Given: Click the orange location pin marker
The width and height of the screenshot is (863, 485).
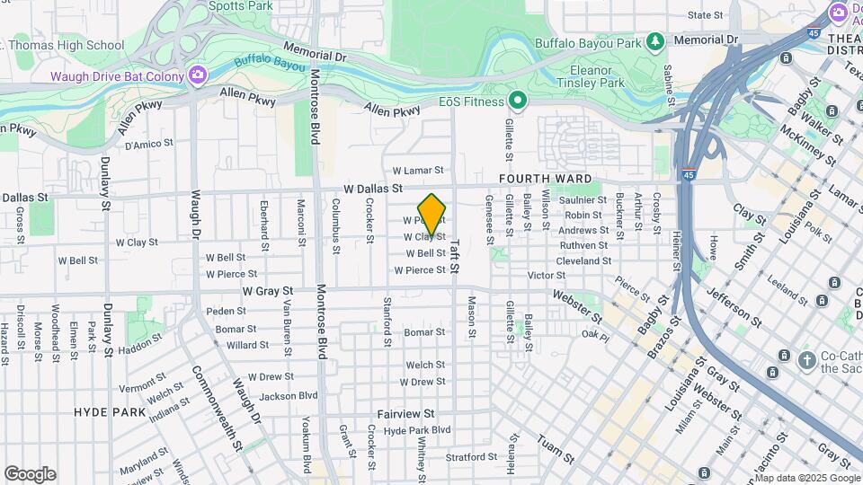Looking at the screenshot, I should click(431, 214).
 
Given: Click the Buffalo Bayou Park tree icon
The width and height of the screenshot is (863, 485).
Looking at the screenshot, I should click(657, 40).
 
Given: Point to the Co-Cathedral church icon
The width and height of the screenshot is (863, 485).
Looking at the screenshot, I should click(807, 360).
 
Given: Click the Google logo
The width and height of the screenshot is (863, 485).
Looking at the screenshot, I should click(30, 474).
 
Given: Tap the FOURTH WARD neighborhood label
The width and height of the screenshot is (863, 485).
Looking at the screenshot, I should click(546, 179).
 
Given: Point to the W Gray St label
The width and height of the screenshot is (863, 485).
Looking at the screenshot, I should click(268, 292).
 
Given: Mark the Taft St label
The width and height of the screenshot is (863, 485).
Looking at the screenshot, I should click(455, 256).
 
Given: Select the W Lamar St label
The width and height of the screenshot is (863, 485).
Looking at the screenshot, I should click(418, 170).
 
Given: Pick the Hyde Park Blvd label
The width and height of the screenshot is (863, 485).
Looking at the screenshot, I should click(416, 430).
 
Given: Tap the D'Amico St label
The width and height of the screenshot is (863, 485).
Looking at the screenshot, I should click(147, 145).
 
